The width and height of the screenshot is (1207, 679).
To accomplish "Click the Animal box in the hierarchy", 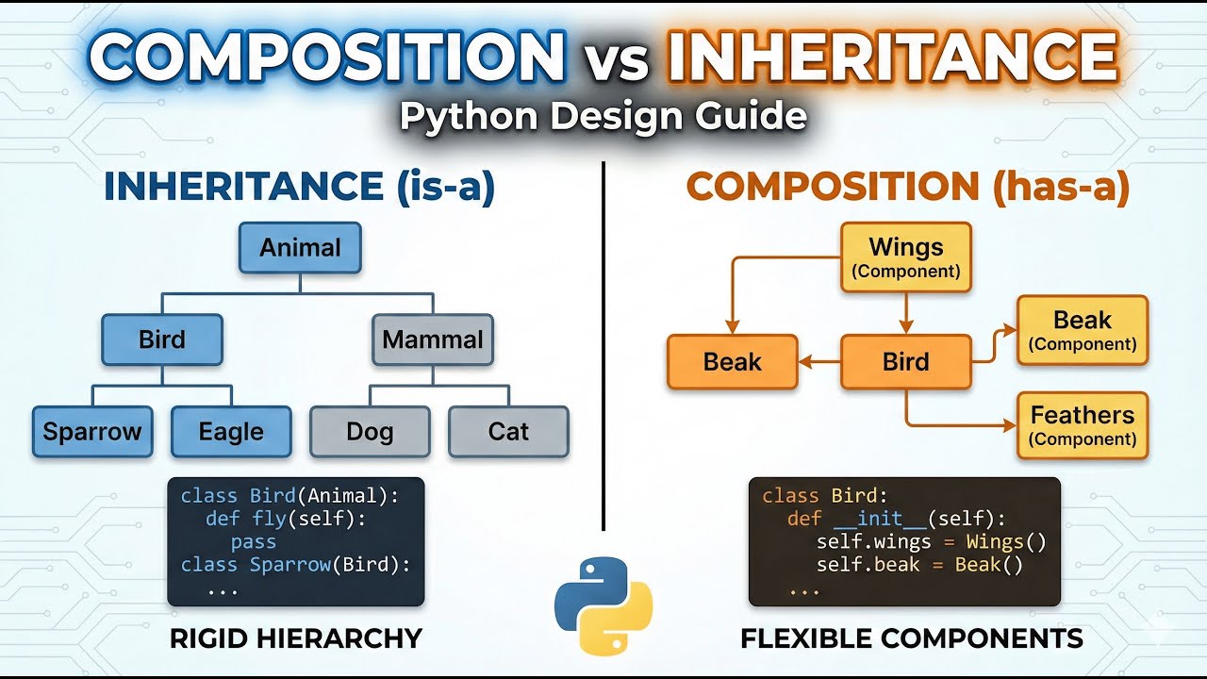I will [300, 248].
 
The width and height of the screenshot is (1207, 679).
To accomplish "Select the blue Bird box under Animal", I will [162, 339].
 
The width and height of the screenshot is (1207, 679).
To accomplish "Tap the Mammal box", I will [433, 339].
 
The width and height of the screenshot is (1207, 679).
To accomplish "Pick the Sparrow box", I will [92, 432].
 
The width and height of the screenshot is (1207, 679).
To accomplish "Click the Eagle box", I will [231, 432].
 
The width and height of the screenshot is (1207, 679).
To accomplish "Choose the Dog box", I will [370, 432].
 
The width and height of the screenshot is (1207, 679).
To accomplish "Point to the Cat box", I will [508, 432].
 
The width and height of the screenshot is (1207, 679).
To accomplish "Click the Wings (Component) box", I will [905, 257].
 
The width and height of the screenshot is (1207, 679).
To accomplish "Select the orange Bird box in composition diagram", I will [905, 362].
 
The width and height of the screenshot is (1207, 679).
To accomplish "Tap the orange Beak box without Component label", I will [732, 362].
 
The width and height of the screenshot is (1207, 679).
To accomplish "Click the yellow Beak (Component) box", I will [1083, 330].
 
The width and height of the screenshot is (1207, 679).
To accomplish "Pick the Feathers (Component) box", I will [1083, 425].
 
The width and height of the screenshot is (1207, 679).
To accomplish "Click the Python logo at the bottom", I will [603, 605].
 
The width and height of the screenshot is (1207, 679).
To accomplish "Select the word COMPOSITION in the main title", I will [327, 58].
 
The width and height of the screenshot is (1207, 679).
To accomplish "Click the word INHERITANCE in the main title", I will [891, 58].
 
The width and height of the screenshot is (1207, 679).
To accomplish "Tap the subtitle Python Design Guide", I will [603, 116].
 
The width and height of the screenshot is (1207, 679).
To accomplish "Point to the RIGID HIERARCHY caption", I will [295, 638].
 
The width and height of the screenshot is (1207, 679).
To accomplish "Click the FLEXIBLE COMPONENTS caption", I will [911, 638].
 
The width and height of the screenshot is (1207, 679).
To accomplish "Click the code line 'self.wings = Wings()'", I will [931, 542].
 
